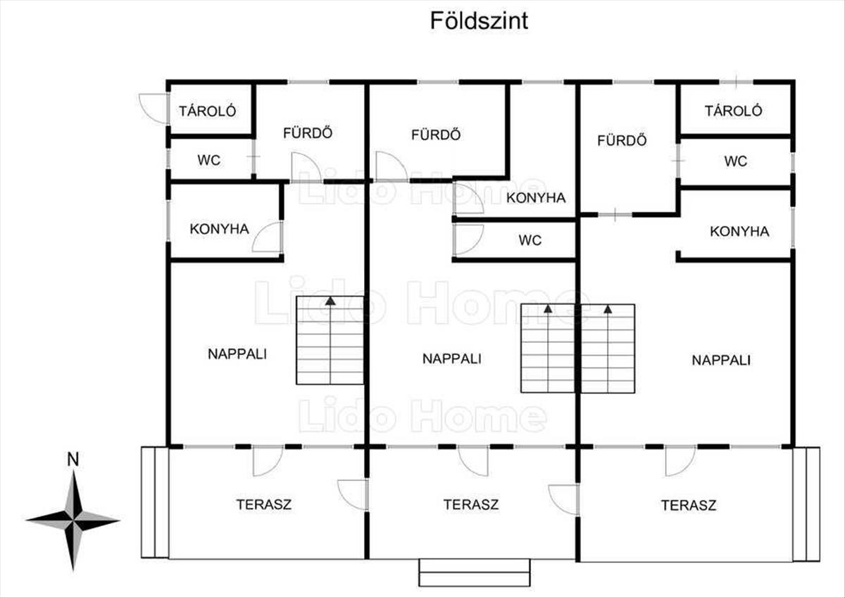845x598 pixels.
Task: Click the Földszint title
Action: coord(479,20)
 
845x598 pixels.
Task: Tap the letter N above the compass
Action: coord(73,460)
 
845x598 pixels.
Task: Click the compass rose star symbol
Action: coord(73,521)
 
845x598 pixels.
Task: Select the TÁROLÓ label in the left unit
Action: coord(207,111)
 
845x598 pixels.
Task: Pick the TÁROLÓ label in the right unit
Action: coord(733,111)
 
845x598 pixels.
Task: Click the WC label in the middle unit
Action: coord(530,240)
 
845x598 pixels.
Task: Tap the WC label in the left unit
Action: coord(209,161)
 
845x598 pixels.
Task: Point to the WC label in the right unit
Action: coord(736,161)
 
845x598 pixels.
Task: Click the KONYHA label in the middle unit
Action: coord(536,198)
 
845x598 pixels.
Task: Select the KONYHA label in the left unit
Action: coord(219,229)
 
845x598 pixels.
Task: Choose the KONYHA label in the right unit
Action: coord(739,231)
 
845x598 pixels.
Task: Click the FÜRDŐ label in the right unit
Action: coord(622,140)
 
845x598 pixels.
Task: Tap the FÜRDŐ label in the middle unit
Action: coord(436,135)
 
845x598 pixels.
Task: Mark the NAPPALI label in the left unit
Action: coord(237,354)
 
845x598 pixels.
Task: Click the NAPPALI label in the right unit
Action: coord(721,361)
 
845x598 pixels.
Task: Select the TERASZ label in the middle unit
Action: coord(471,504)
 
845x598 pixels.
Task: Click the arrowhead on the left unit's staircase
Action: coord(330,301)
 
